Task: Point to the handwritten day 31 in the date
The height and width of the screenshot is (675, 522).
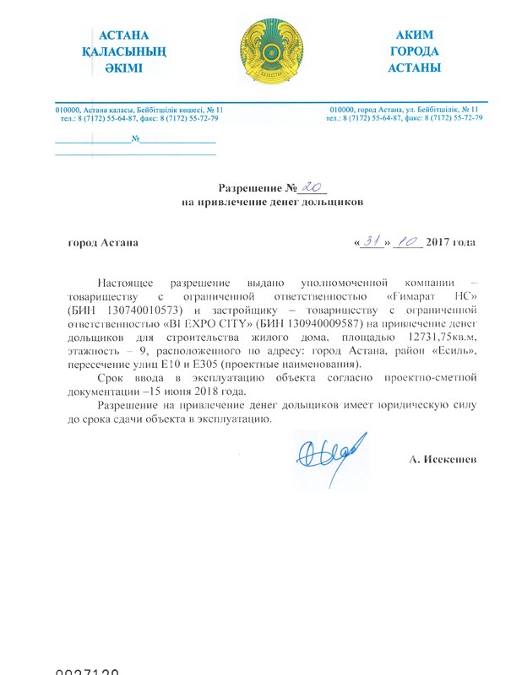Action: tap(372, 242)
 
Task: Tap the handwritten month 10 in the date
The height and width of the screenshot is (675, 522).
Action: tap(407, 242)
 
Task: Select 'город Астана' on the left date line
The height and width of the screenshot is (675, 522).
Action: tap(103, 243)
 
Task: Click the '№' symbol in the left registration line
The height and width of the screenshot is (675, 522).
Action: tap(135, 138)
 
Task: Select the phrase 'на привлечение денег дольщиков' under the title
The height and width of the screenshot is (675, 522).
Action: tap(273, 203)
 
